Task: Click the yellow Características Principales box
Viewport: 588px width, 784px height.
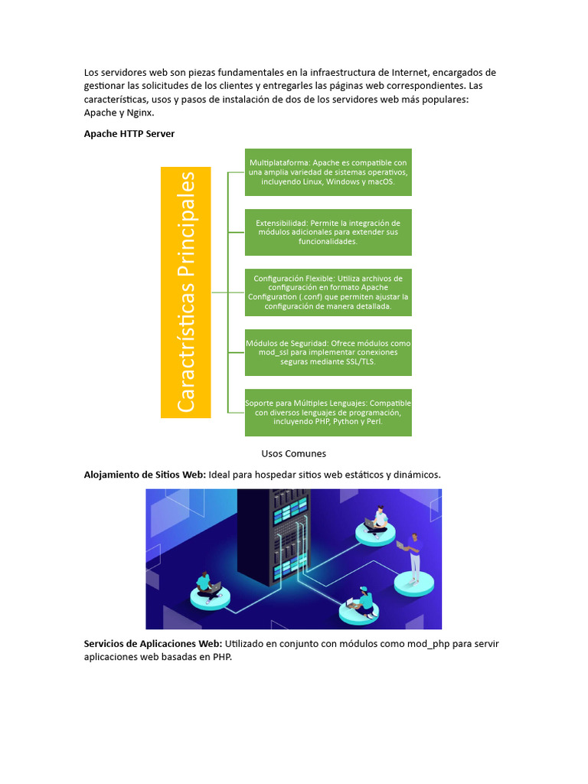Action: [185, 292]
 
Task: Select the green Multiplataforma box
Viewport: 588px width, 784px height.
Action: [328, 172]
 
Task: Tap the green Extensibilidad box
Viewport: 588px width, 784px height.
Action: [328, 232]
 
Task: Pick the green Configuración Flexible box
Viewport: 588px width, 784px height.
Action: [328, 292]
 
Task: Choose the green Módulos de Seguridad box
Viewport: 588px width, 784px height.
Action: [328, 352]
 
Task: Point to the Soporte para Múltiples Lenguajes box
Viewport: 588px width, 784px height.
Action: [328, 412]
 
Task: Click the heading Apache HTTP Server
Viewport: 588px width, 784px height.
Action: [129, 133]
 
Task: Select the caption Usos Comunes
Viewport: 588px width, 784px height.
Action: [293, 453]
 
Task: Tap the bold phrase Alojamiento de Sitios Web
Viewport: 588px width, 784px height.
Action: [144, 475]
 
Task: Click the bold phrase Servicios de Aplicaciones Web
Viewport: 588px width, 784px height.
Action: [152, 643]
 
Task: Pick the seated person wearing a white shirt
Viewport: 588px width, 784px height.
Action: [377, 520]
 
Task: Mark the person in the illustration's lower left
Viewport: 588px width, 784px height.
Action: [205, 586]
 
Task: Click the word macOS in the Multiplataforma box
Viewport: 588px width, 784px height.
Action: [380, 182]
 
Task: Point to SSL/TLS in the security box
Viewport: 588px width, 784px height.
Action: [358, 362]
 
